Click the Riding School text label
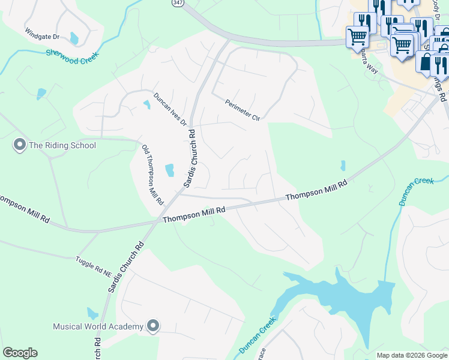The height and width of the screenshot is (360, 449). tap(62, 145)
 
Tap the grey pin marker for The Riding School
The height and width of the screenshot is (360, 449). tap(19, 145)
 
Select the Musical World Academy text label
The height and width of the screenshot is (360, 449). tap(98, 326)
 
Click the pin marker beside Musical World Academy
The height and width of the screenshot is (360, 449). tap(153, 326)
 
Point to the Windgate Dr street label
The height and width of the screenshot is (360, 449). tap(42, 34)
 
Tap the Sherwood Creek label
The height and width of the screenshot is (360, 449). tap(71, 57)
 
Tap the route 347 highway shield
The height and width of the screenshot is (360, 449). tap(178, 3)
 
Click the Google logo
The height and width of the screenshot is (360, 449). tap(20, 353)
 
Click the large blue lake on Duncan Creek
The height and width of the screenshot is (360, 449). tap(348, 294)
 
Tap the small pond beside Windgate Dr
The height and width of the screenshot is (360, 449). tap(74, 38)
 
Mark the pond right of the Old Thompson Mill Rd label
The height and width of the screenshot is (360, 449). tap(170, 170)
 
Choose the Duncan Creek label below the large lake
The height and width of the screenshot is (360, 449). tap(256, 340)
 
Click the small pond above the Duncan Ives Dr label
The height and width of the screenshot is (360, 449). tap(147, 105)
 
